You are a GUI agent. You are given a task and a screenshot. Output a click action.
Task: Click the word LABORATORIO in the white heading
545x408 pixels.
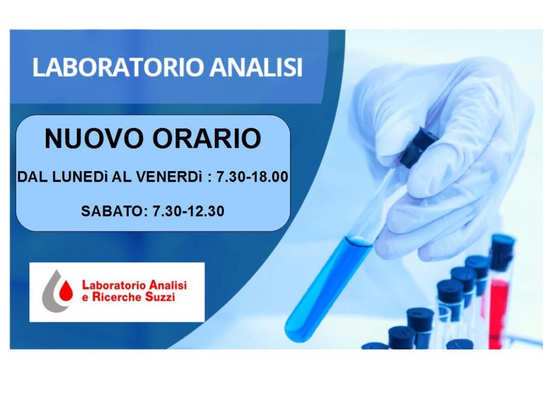tap(118, 67)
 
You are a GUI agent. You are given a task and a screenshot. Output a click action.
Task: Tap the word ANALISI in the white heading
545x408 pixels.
tap(256, 67)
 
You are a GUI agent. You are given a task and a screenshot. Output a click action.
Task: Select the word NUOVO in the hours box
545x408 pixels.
tap(94, 139)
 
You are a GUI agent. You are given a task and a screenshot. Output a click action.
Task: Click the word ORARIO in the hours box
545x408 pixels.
tap(207, 139)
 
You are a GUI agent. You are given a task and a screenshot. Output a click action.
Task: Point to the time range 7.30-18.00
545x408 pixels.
tap(252, 177)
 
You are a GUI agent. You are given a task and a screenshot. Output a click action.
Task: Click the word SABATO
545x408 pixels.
tap(112, 211)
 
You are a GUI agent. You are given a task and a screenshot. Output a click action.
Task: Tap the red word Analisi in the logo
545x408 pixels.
tap(168, 285)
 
